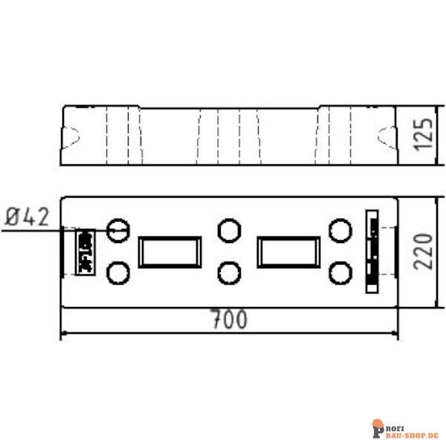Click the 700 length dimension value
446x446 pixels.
(x=229, y=320)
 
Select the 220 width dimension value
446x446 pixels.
(x=423, y=252)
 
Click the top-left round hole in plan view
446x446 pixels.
(x=117, y=231)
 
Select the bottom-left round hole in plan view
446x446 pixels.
(x=117, y=274)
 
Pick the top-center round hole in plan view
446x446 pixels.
(x=229, y=230)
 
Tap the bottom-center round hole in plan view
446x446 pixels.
(x=229, y=274)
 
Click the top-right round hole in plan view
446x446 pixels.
(x=340, y=230)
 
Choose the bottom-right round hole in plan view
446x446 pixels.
(x=340, y=274)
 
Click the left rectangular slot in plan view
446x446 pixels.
(x=170, y=252)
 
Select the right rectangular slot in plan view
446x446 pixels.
(x=288, y=252)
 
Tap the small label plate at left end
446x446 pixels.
(x=85, y=252)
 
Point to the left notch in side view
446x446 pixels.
(x=71, y=136)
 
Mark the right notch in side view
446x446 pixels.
(x=387, y=136)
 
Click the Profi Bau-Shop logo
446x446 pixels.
(x=406, y=429)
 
